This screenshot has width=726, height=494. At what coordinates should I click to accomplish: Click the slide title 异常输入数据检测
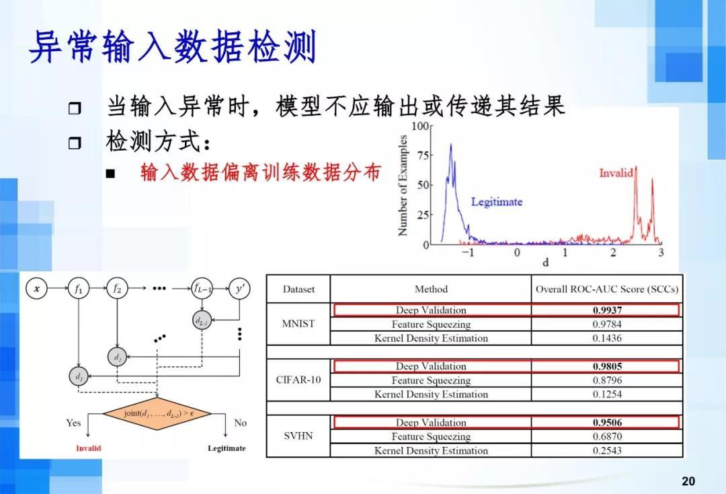[x=173, y=48]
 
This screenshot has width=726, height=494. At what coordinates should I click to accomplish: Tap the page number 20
[x=688, y=481]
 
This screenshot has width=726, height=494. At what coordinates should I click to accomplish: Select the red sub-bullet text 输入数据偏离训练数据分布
[x=260, y=172]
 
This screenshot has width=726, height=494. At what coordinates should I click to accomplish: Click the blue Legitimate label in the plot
[x=496, y=201]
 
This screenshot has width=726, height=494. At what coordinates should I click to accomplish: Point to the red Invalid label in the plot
[x=616, y=173]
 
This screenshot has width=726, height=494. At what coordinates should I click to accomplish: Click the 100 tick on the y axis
[x=420, y=126]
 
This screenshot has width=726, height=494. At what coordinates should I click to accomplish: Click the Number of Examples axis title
[x=403, y=185]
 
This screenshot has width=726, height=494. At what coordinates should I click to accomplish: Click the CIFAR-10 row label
[x=298, y=380]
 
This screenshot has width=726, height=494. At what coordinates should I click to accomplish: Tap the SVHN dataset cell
[x=298, y=435]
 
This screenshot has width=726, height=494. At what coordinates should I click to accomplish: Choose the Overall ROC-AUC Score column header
[x=607, y=289]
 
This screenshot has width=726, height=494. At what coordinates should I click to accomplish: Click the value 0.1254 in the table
[x=607, y=394]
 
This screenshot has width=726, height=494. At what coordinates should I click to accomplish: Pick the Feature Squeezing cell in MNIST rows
[x=431, y=324]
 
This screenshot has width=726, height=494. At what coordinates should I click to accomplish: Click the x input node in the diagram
[x=37, y=289]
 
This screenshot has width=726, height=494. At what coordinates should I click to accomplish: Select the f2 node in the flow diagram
[x=117, y=289]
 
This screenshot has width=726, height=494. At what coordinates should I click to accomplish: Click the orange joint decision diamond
[x=157, y=413]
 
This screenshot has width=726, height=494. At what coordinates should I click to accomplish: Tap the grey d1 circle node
[x=79, y=376]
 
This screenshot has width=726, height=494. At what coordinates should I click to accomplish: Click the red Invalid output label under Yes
[x=88, y=448]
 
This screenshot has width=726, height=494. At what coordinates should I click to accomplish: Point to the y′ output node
[x=239, y=289]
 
